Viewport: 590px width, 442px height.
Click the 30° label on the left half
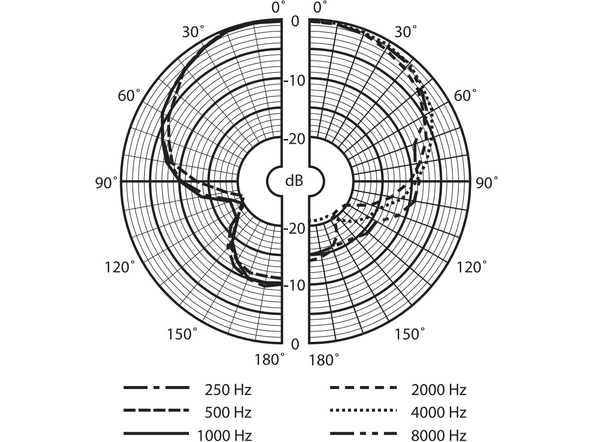click(x=193, y=31)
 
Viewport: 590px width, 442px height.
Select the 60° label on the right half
click(x=465, y=95)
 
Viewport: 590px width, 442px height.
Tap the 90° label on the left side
click(x=106, y=183)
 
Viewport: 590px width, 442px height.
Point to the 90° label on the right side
click(x=487, y=183)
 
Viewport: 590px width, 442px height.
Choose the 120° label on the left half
click(x=119, y=267)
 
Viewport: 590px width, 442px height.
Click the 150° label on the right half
click(x=410, y=334)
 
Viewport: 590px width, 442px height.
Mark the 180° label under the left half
click(x=269, y=359)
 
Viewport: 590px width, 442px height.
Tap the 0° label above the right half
click(x=321, y=7)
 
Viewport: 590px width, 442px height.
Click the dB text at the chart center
click(x=295, y=181)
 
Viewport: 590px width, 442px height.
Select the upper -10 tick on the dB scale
click(x=295, y=81)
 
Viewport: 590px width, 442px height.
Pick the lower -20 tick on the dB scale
click(x=295, y=229)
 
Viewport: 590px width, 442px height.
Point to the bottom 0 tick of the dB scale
click(x=295, y=344)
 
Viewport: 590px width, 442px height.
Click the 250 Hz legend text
click(x=228, y=390)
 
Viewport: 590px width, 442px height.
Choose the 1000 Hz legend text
click(x=224, y=435)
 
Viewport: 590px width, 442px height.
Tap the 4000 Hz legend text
click(x=439, y=413)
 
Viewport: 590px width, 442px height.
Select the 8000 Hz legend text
click(x=439, y=435)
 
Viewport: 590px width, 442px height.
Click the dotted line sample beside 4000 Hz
click(x=363, y=410)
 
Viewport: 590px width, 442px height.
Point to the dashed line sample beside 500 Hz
click(x=156, y=411)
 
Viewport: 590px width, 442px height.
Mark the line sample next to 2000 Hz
click(x=363, y=387)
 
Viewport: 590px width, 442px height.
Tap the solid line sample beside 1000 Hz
click(x=156, y=433)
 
